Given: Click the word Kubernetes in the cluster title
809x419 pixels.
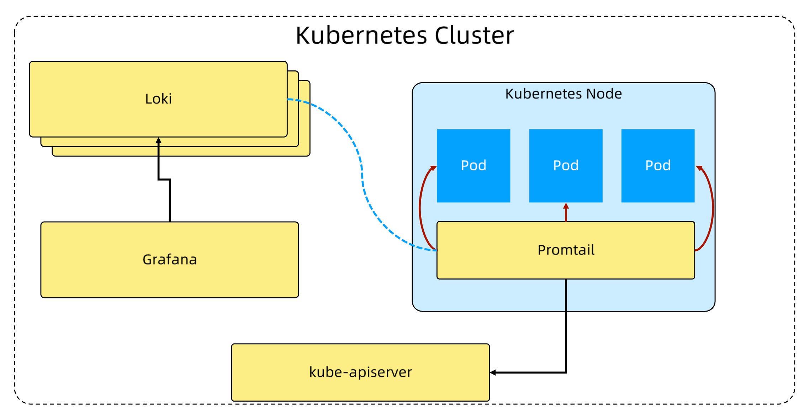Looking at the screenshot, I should pyautogui.click(x=361, y=36).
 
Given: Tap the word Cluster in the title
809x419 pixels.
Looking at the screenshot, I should pyautogui.click(x=474, y=36).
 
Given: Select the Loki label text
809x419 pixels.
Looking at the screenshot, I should pyautogui.click(x=158, y=99).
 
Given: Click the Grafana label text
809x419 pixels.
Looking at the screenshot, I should pyautogui.click(x=170, y=260).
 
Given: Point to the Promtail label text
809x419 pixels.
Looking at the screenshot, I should pyautogui.click(x=566, y=250).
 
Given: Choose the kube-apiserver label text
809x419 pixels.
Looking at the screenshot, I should pyautogui.click(x=360, y=372).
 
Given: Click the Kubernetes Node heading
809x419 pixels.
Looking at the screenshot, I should pyautogui.click(x=564, y=94).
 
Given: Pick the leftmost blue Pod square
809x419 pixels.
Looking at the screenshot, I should pyautogui.click(x=474, y=166).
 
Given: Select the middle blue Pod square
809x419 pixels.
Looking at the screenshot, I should pyautogui.click(x=566, y=166).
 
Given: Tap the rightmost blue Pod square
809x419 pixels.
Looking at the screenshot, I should pyautogui.click(x=658, y=166).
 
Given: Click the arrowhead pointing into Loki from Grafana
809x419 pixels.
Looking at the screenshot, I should pyautogui.click(x=159, y=140).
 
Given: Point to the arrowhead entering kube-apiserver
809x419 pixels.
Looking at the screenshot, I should pyautogui.click(x=493, y=372).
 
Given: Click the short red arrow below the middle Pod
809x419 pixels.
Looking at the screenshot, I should pyautogui.click(x=566, y=212).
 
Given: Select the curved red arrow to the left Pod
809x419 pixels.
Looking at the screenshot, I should pyautogui.click(x=420, y=206).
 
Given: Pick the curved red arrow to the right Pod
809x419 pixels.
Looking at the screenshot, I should pyautogui.click(x=713, y=206).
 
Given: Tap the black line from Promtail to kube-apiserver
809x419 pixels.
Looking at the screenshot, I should pyautogui.click(x=566, y=327).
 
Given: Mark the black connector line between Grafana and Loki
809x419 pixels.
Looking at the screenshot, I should pyautogui.click(x=170, y=199).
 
